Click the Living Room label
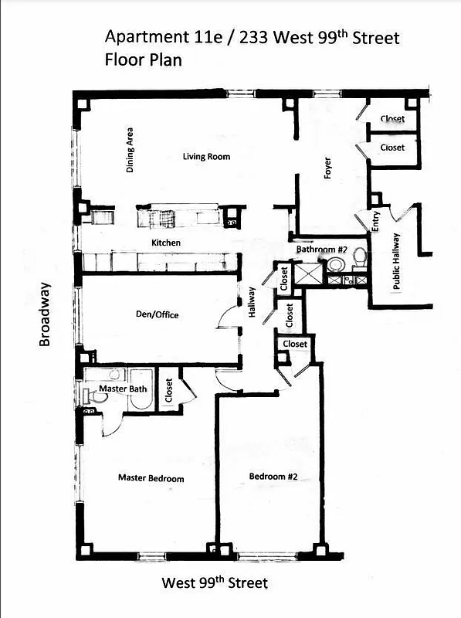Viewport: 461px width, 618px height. pyautogui.click(x=206, y=157)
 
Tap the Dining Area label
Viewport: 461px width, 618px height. pyautogui.click(x=131, y=149)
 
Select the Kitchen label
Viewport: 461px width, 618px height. pyautogui.click(x=166, y=243)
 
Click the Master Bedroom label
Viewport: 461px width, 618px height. pyautogui.click(x=151, y=478)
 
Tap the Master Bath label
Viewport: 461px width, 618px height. pyautogui.click(x=123, y=389)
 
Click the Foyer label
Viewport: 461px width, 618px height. pyautogui.click(x=327, y=168)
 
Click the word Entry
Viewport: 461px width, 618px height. pyautogui.click(x=376, y=222)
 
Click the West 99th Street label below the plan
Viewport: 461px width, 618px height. pyautogui.click(x=214, y=582)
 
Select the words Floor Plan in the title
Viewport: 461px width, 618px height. pyautogui.click(x=143, y=59)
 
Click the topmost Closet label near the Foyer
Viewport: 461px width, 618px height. pyautogui.click(x=392, y=119)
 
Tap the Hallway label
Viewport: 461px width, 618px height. pyautogui.click(x=251, y=304)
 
